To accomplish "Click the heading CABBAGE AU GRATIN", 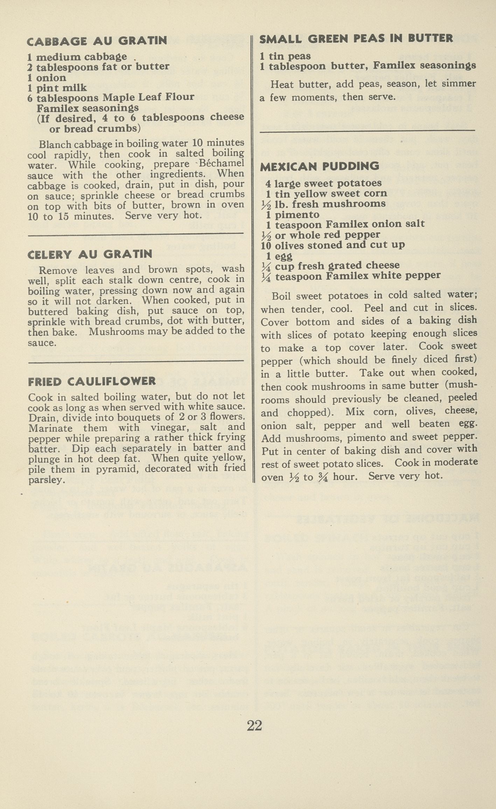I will (97, 41).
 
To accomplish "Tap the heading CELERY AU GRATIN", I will (90, 254).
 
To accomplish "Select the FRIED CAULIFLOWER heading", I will (92, 381).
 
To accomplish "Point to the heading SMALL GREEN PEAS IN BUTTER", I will (356, 38).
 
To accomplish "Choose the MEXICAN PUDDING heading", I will (319, 166).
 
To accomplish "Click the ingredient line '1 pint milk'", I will (57, 87).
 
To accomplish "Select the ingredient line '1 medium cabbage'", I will (77, 57).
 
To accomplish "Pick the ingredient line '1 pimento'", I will (293, 214).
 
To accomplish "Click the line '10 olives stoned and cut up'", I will (333, 245).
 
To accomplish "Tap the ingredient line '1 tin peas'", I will (285, 56).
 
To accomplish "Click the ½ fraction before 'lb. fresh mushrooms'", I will (266, 204).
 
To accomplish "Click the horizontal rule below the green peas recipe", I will (367, 131).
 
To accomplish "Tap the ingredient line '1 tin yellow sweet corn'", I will (326, 194).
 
